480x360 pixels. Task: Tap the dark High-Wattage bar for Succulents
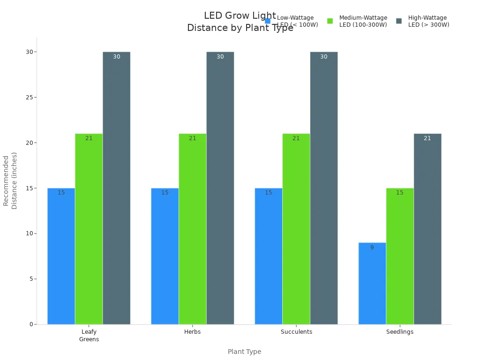coord(323,187)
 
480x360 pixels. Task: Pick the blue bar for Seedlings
coord(372,283)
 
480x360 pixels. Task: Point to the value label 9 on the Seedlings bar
coord(372,247)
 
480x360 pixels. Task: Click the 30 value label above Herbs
coord(220,57)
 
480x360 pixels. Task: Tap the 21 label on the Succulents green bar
coord(296,138)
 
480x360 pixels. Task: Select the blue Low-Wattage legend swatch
coord(268,21)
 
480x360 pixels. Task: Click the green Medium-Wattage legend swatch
coord(330,21)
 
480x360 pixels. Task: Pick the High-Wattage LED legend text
coord(428,21)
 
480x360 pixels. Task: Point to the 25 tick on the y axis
coord(29,97)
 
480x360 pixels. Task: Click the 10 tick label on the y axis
coord(29,233)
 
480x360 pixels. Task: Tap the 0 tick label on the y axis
coord(30,324)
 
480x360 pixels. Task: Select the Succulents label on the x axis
coord(296,332)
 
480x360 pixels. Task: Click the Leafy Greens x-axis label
coord(89,335)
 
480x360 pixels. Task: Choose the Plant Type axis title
coord(244,352)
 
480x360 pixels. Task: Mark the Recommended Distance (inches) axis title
coord(10,180)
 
